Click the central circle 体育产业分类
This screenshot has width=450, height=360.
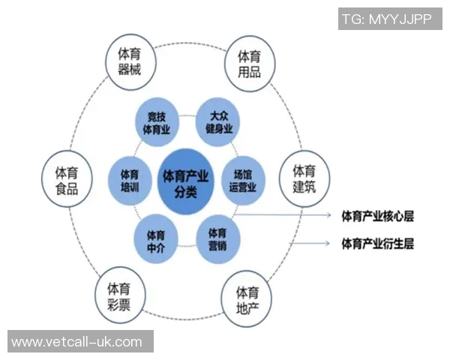pos(186,181)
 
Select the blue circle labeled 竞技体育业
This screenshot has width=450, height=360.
pos(157,122)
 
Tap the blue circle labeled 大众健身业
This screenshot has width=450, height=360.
pos(217,121)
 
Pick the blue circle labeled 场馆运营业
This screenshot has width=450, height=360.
pos(243,181)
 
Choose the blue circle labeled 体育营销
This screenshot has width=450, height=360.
pos(217,240)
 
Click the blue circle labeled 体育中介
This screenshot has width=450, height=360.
pos(156,238)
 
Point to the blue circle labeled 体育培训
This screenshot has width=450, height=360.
pos(130,181)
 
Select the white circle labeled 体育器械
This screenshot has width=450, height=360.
pos(130,62)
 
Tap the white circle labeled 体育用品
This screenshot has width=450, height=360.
pos(250,64)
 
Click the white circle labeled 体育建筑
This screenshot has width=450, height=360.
pos(304,178)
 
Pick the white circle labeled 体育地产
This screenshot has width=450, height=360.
pos(247,300)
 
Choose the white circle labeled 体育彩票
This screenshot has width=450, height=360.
pos(120,295)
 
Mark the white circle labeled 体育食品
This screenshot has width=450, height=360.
pos(67,178)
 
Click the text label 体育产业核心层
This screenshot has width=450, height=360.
pos(378,217)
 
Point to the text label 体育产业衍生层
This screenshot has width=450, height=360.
pos(378,244)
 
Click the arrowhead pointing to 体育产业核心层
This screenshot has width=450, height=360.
pos(329,215)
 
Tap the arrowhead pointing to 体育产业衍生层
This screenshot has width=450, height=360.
pos(327,244)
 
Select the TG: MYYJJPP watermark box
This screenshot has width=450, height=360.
pos(390,19)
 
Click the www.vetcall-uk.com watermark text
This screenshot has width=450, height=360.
pos(76,342)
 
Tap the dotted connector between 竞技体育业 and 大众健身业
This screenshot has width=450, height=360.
pos(187,115)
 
